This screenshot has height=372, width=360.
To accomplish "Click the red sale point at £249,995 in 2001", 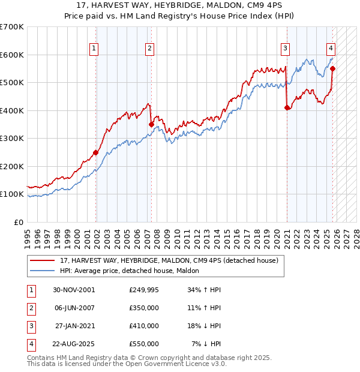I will point(95,152).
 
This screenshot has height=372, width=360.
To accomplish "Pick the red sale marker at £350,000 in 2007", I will point(151,124).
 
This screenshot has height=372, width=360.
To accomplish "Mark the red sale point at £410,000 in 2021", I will point(287,108).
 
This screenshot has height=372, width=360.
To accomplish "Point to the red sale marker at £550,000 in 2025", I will point(332,68).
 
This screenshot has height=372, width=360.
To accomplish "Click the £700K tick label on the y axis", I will point(12,27).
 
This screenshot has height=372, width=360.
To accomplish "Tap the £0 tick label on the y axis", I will point(19,222).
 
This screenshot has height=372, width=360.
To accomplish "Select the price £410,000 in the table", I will point(143,326).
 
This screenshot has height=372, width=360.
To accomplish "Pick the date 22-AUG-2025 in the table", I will point(73,344).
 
